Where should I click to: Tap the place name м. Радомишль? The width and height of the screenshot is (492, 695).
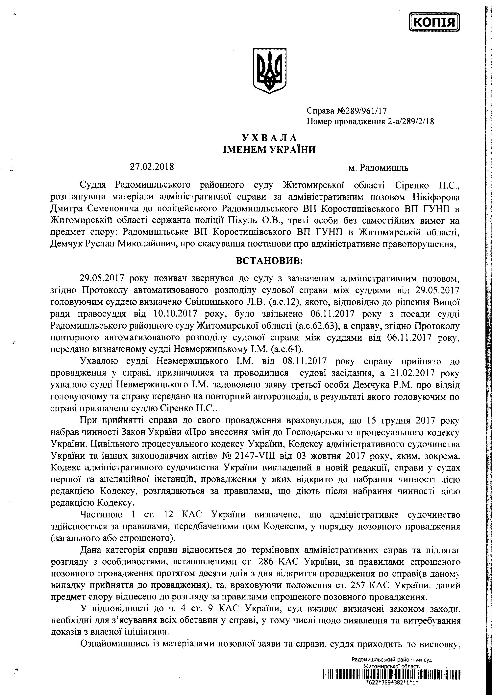pyautogui.click(x=378, y=167)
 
